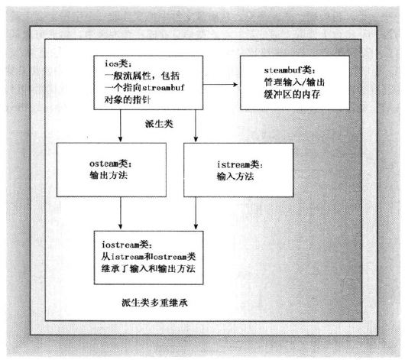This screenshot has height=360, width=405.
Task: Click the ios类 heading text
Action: pos(118,63)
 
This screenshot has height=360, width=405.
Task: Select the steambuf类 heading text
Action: pos(290,70)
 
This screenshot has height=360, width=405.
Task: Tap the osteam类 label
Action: pos(110,164)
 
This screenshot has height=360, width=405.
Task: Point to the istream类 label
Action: pos(240,164)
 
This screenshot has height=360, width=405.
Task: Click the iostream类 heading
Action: pos(127,245)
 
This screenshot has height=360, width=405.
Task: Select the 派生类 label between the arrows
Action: pos(159,124)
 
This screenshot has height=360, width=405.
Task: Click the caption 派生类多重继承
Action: pos(154,303)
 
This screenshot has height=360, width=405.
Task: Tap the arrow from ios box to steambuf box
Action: pos(220,85)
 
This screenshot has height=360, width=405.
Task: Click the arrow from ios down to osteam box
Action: pos(121,126)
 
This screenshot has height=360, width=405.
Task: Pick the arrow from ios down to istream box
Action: pos(196,126)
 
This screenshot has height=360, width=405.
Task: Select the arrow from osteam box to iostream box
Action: pos(121,213)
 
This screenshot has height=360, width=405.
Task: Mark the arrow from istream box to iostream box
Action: pos(196,213)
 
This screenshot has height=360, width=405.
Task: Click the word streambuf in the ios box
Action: pos(164,88)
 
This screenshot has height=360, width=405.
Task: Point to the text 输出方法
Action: pos(109,176)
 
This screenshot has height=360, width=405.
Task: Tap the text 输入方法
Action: pos(235,177)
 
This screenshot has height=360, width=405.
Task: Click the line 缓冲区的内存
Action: pos(292,94)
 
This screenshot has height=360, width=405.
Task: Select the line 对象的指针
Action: pos(128,99)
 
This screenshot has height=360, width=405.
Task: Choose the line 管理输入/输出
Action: pos(294,83)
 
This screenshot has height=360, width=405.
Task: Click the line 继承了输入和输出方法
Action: pos(148,269)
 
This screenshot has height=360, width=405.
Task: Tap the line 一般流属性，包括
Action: pos(142,76)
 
